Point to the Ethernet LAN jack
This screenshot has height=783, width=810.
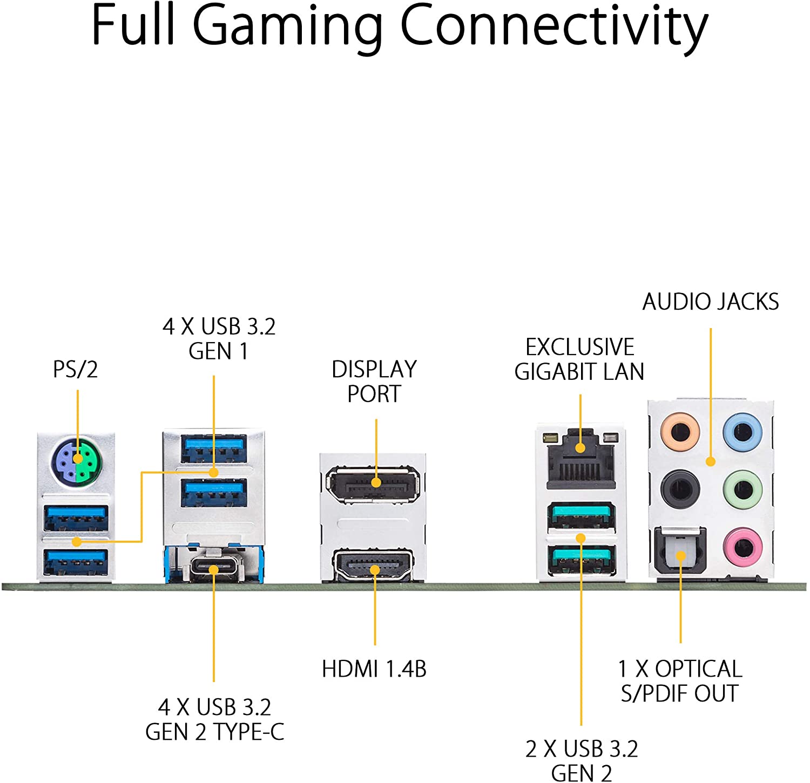pos(580,459)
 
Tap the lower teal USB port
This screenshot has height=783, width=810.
pos(581,560)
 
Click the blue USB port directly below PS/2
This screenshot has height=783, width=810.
pos(76,518)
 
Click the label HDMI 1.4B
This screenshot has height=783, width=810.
pos(374,669)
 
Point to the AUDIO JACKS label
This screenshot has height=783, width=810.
pos(711,302)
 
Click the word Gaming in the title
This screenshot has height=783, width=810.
pos(287,25)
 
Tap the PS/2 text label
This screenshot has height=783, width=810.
pos(76,370)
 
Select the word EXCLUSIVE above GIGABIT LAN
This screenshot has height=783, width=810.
pos(580,347)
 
